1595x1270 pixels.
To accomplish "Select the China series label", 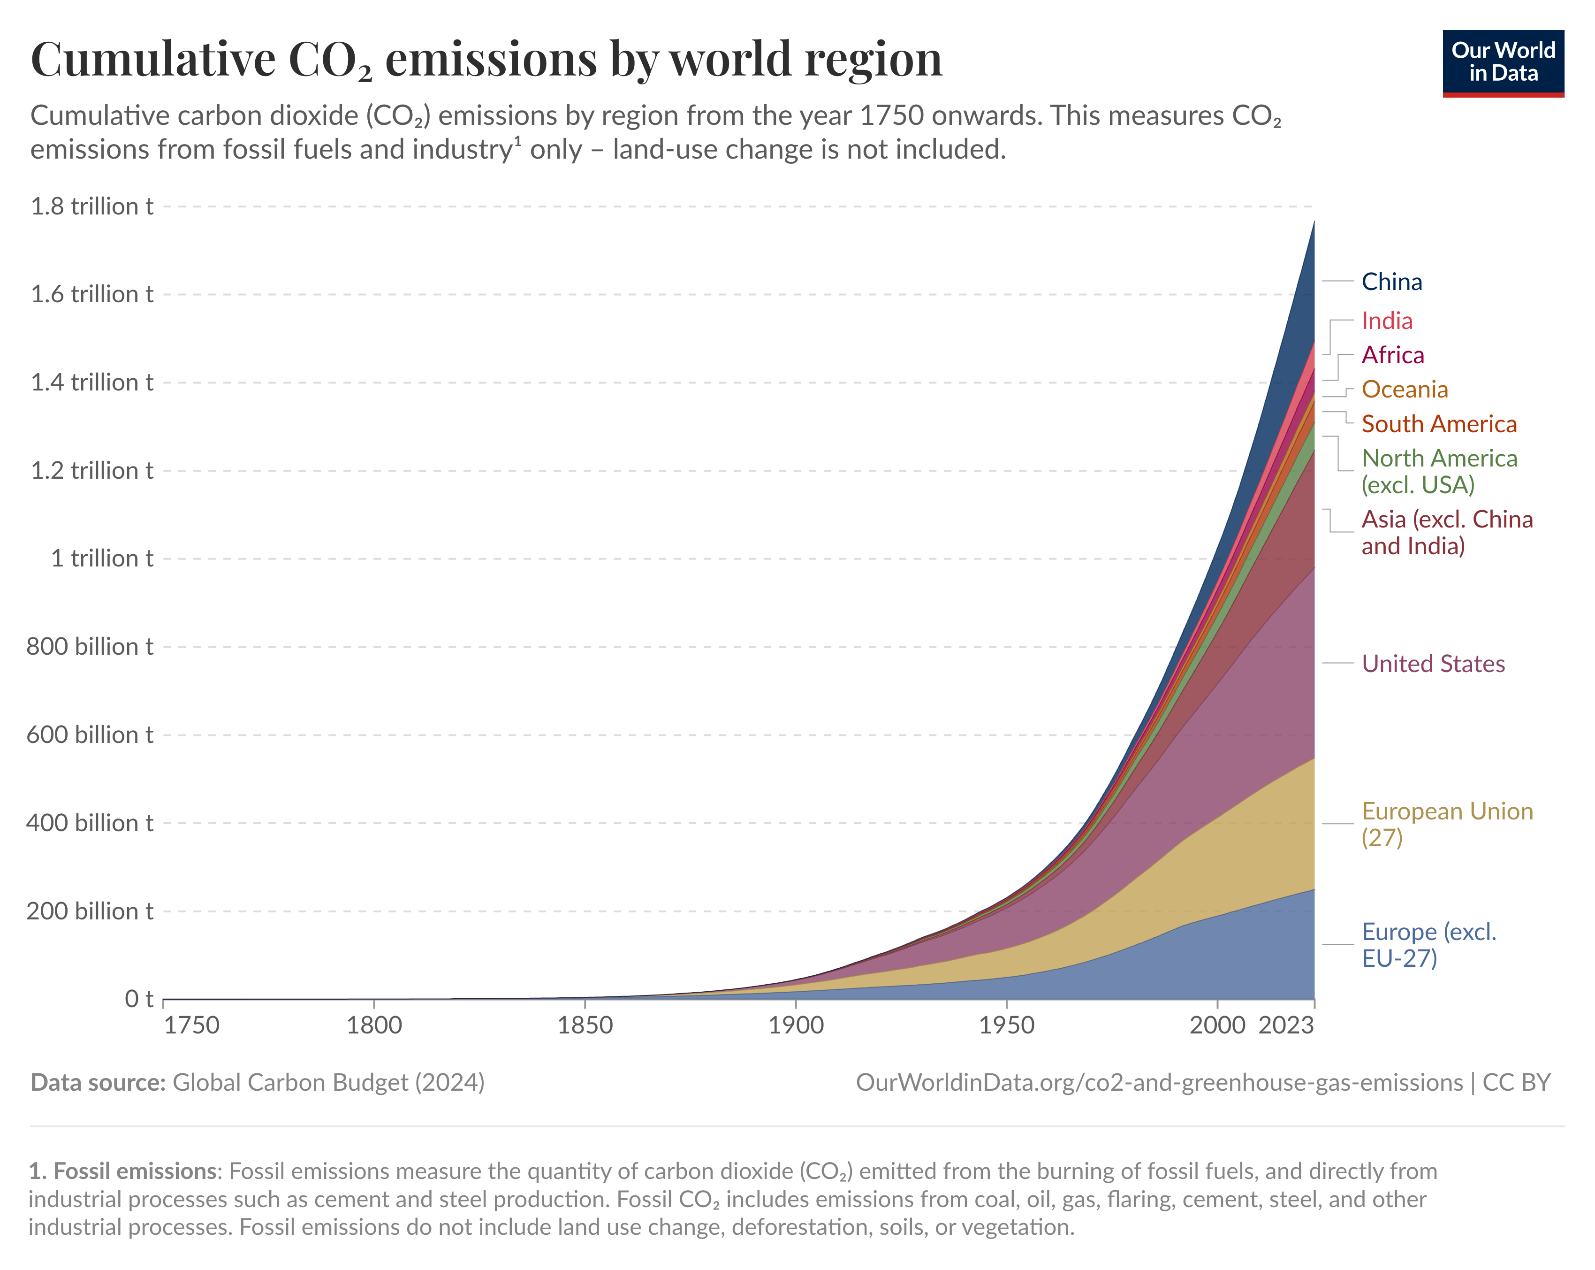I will click(1391, 282).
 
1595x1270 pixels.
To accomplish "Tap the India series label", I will click(1387, 321).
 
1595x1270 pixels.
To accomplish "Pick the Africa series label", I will click(1392, 355).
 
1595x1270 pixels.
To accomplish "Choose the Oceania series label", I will click(1404, 389).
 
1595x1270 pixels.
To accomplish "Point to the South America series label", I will click(1439, 424).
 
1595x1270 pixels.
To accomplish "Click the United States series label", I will click(1433, 664).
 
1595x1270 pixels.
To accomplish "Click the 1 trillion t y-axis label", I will click(101, 559).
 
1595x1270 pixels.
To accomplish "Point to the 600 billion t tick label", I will click(90, 735).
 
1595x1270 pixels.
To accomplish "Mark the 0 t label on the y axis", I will click(138, 999).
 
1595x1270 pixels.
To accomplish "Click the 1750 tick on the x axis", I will click(191, 1026).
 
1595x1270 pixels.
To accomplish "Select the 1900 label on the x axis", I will click(796, 1026).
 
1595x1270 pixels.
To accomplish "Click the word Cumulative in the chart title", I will click(152, 59).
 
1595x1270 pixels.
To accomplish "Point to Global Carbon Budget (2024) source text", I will click(328, 1083).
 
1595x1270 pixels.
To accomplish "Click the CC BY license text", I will click(1516, 1083).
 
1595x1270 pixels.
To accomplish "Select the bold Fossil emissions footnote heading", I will click(125, 1171).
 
